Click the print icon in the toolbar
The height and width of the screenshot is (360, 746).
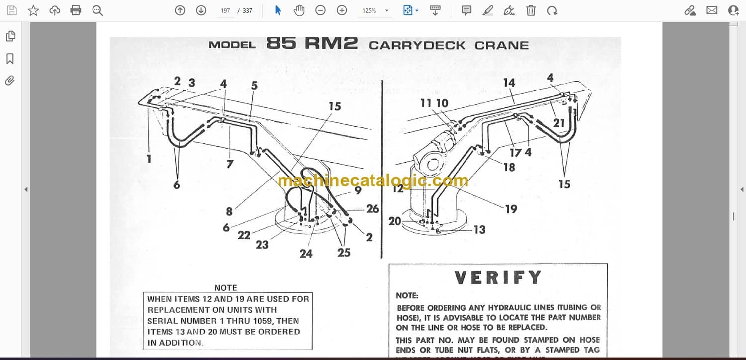point(76,10)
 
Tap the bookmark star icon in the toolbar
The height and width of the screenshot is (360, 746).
point(33,10)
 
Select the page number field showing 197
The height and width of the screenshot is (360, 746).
point(225,10)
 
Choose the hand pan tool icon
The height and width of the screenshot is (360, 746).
point(299,10)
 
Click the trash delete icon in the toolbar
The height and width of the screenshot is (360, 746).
point(531,10)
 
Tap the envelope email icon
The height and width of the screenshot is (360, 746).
point(712,10)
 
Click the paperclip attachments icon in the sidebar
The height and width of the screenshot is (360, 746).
point(10,81)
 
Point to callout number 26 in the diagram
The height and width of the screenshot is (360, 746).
point(373,209)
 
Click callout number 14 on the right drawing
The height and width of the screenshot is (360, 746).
point(509,83)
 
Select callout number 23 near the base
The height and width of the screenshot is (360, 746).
point(262,244)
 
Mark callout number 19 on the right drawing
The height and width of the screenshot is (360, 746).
point(511,209)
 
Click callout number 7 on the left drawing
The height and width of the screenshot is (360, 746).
point(230,164)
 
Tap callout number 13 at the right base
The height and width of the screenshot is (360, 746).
point(479,229)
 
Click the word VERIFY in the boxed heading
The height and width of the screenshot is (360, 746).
point(498,277)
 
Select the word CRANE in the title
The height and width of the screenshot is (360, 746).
point(501,45)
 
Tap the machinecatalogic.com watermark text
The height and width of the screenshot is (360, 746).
point(373,181)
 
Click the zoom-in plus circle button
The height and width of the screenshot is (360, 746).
point(342,10)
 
